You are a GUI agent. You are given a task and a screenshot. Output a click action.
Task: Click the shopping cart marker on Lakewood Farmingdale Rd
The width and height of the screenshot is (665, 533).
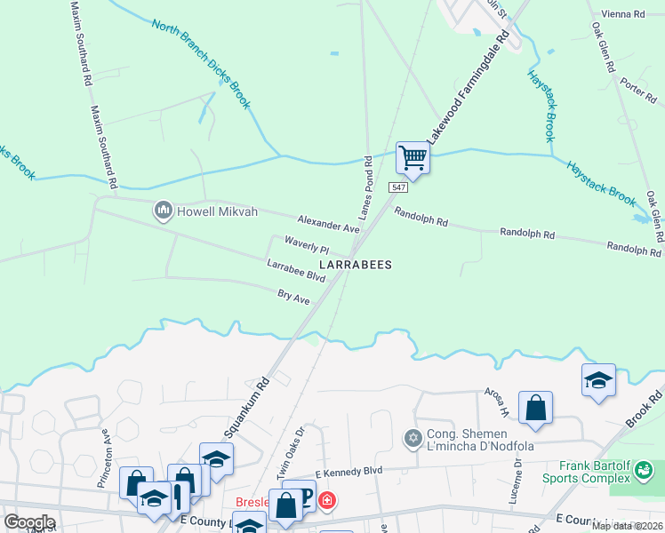tap(413, 158)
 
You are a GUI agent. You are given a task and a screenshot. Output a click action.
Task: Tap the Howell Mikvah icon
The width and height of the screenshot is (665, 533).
tap(163, 211)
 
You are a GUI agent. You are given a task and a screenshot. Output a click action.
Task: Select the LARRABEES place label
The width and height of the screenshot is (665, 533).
tap(356, 265)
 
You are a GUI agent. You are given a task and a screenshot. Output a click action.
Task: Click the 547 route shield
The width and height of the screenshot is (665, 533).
tap(397, 187)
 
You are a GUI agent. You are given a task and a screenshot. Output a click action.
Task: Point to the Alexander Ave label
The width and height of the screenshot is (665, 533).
tap(328, 223)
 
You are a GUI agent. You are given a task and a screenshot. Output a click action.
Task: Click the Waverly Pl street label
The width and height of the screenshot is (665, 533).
tap(307, 244)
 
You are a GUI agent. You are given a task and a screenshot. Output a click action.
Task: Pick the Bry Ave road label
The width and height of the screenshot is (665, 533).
tap(293, 297)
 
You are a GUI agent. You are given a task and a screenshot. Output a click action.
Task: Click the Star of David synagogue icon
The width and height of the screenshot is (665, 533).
tap(412, 438)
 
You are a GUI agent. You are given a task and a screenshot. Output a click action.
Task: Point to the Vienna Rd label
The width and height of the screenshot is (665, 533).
tap(622, 14)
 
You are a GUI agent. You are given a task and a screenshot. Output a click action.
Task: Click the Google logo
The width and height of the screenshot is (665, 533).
tap(29, 521)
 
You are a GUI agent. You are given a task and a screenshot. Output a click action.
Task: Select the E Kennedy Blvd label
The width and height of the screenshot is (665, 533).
tap(349, 473)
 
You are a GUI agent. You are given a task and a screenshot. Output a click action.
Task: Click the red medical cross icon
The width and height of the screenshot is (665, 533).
tap(326, 502)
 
